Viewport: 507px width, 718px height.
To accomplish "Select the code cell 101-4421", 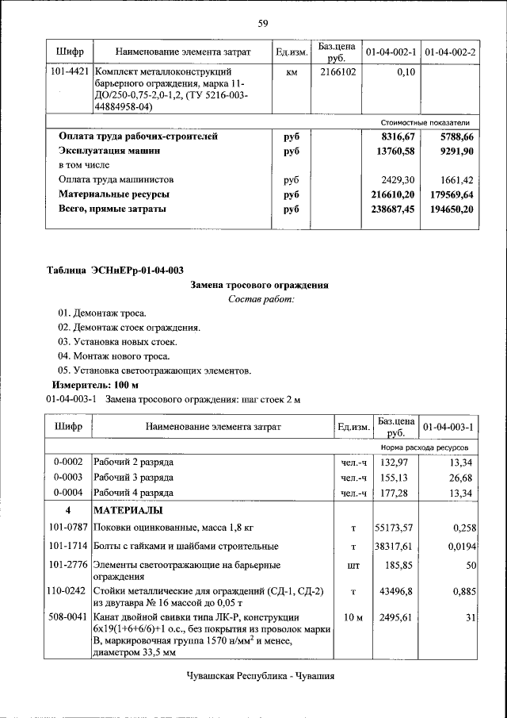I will pyautogui.click(x=70, y=71).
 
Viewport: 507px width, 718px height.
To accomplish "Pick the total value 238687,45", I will pyautogui.click(x=394, y=209).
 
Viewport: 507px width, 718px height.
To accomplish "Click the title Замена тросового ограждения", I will pyautogui.click(x=261, y=284).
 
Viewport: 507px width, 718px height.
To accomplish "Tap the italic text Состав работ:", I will pyautogui.click(x=261, y=299).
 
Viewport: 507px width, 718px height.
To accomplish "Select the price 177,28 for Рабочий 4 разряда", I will pyautogui.click(x=396, y=493).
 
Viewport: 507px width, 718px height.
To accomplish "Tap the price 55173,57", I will pyautogui.click(x=396, y=527).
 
